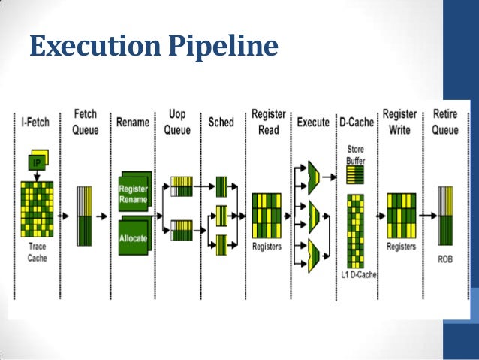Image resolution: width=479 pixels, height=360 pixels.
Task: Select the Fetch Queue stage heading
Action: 85,121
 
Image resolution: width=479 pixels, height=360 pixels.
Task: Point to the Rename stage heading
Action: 133,122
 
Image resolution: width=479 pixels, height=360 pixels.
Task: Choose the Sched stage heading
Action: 221,122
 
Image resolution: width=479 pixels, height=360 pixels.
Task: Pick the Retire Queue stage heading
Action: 445,121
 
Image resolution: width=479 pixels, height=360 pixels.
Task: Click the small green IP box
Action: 35,162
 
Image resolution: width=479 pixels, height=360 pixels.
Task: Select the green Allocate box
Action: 133,237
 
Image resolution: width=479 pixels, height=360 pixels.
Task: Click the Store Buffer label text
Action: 355,155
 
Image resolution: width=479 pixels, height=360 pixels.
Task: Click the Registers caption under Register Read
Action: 267,245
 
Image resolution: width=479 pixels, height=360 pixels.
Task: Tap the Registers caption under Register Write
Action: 401,245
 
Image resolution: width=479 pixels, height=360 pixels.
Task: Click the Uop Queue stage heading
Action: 177,121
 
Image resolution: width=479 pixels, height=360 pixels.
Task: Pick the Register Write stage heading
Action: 400,121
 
